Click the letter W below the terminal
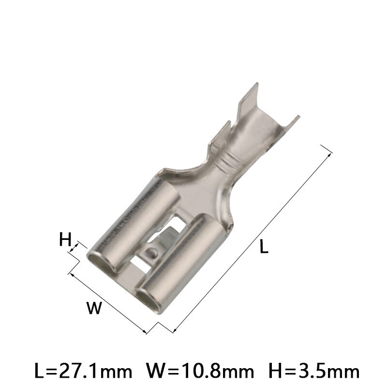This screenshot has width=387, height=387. (95, 308)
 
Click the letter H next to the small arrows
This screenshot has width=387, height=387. (65, 239)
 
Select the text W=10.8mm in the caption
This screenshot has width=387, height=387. (200, 372)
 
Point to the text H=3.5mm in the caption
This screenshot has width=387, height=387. (313, 372)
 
